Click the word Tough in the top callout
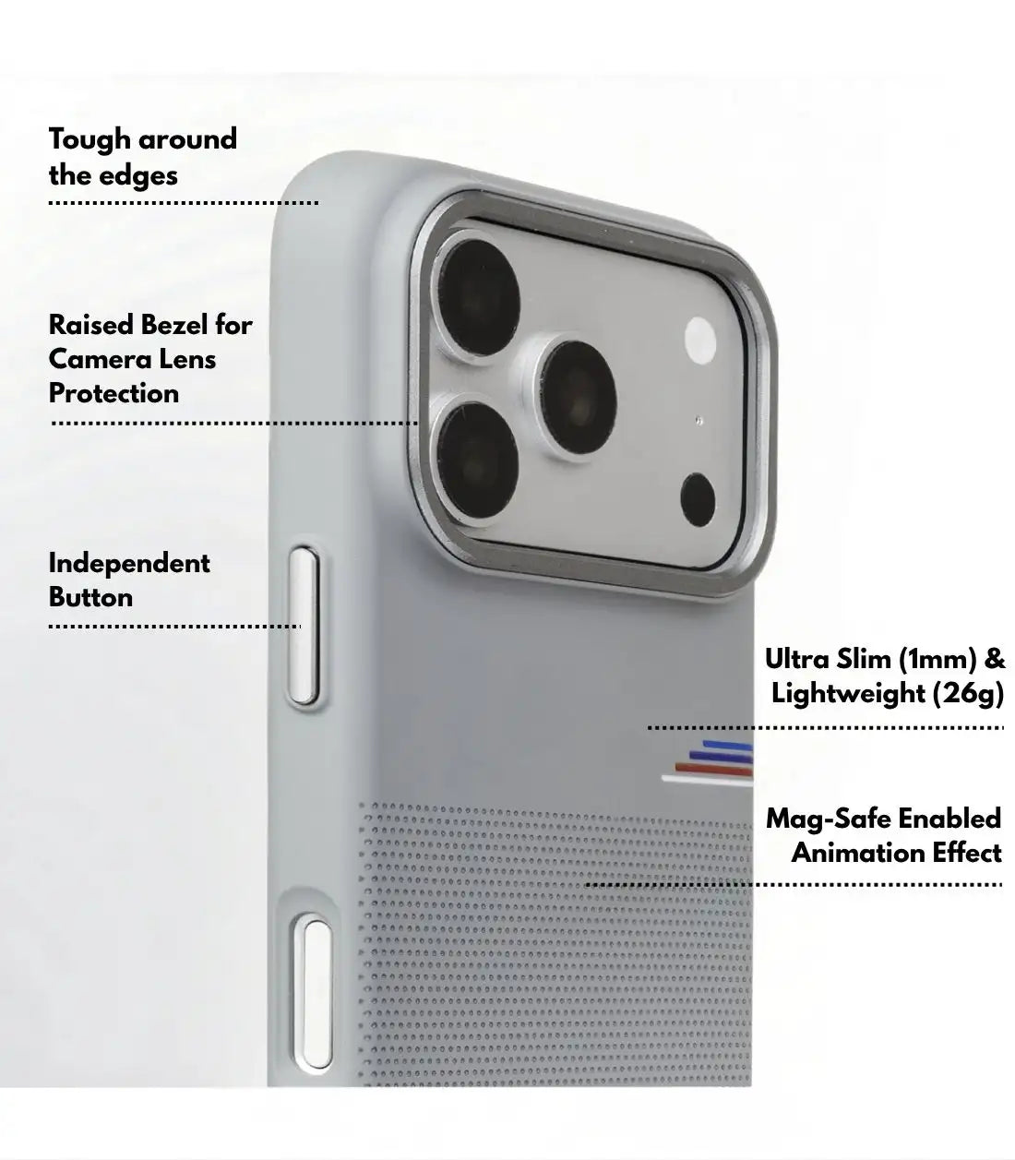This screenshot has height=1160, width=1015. pos(90,140)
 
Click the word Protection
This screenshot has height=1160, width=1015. pos(113,393)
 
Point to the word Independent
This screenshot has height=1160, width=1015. pos(129,564)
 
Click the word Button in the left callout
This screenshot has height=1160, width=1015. pos(90,598)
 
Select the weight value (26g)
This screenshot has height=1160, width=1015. pos(968,693)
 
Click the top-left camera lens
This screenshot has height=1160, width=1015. pos(479,298)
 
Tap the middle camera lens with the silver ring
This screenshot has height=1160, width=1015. pos(578,396)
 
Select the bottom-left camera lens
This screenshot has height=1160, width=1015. pos(477,460)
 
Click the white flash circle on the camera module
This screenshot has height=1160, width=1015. pos(700,341)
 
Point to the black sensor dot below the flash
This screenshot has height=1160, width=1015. pos(698,500)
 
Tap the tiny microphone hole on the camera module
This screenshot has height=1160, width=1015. pos(699,421)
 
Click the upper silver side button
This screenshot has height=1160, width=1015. pos(304,627)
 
